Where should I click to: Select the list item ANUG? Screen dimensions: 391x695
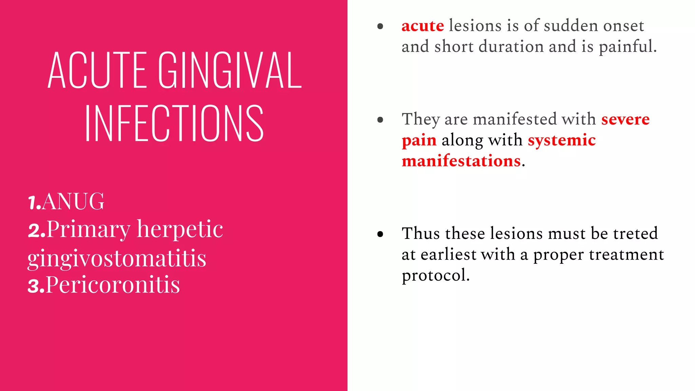point(73,201)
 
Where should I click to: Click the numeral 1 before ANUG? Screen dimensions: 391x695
point(33,203)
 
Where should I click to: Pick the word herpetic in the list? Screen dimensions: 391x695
point(180,229)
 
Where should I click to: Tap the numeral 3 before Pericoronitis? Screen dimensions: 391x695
point(35,286)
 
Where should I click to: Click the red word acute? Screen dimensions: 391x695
point(422,26)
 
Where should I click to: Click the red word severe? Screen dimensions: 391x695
point(625,119)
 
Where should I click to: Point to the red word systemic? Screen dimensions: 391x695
point(562,140)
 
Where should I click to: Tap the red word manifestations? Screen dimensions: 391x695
point(461,161)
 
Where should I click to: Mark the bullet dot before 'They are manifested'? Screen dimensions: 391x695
point(380,119)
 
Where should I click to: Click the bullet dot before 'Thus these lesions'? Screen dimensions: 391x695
point(380,234)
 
